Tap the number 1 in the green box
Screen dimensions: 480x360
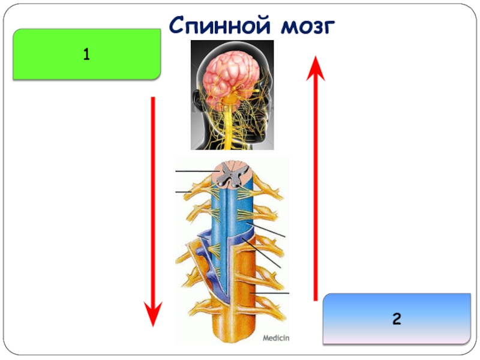[86, 55]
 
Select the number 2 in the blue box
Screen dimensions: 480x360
[397, 319]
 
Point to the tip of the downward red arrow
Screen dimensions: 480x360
[154, 324]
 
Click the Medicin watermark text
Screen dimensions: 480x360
[276, 338]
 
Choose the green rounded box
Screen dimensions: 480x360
[86, 55]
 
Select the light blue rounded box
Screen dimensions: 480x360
[397, 319]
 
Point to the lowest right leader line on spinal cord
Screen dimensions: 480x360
[273, 293]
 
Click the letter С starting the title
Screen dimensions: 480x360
[178, 26]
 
